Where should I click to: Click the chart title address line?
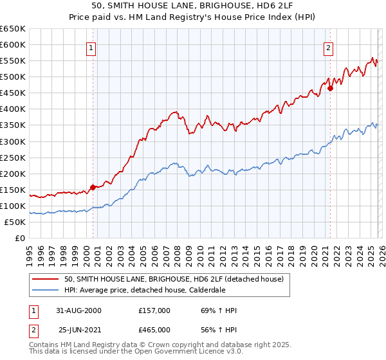coord(192,5)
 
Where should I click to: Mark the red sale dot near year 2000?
coord(93,187)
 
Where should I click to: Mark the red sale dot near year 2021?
coord(330,88)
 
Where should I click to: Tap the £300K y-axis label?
coord(13,141)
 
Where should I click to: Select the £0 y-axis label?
coord(19,238)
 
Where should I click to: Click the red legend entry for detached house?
coord(178,279)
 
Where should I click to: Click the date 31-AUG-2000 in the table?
coord(79,310)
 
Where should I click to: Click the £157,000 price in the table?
coord(154,310)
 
